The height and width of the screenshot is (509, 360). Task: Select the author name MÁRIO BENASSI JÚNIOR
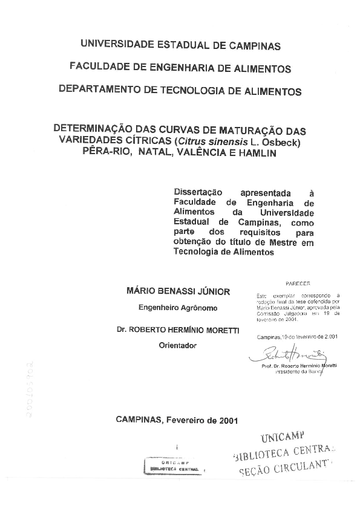(178, 291)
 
